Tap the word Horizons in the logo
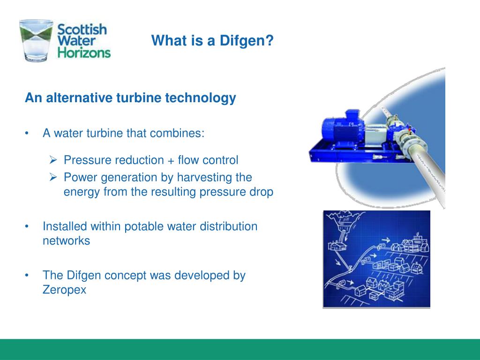[84, 52]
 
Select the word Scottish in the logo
[82, 29]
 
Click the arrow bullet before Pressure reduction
[53, 160]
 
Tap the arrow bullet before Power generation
[53, 177]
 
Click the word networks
[66, 241]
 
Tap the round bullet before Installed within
[28, 227]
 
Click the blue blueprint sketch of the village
[376, 259]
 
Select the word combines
[177, 134]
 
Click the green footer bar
[240, 349]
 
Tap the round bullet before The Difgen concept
[28, 276]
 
